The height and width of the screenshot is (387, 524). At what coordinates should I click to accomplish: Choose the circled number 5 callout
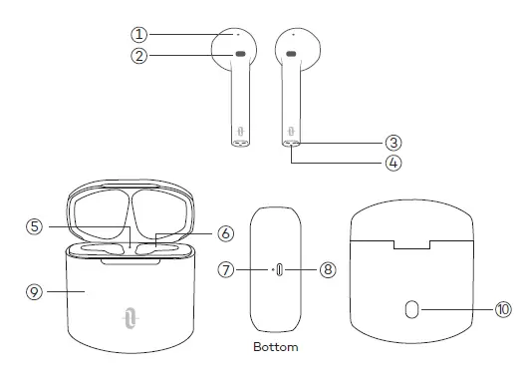[34, 226]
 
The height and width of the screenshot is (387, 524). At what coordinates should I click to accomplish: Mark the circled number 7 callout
[227, 269]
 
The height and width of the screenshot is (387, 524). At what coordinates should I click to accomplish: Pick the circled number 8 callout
[330, 269]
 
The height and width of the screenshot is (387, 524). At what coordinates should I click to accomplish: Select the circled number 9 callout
[34, 291]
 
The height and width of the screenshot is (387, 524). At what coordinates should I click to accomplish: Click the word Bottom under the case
[277, 349]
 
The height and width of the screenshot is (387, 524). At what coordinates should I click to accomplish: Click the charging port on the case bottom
[278, 269]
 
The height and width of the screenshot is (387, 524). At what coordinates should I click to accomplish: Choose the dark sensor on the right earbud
[291, 54]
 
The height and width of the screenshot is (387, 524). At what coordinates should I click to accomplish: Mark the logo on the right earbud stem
[291, 130]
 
